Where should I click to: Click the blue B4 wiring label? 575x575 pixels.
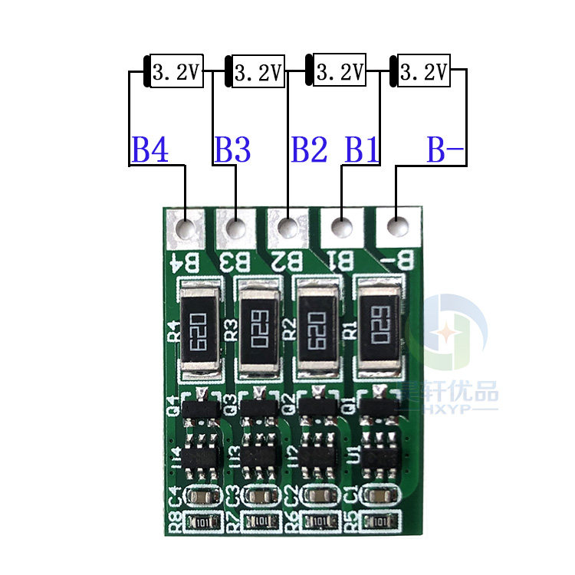point(150,150)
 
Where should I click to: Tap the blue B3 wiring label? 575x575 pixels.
point(232,150)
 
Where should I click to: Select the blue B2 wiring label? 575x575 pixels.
point(309,150)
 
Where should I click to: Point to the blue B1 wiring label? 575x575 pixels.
point(362,150)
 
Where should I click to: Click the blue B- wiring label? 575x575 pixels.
point(445,150)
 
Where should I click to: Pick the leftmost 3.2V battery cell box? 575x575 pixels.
point(176,73)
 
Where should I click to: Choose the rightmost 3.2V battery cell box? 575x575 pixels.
point(423,73)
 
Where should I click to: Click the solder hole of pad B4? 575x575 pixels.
point(185,228)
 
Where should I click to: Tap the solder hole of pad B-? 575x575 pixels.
point(396,228)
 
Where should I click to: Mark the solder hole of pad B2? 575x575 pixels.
point(288,228)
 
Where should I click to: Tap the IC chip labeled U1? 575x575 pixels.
point(380,454)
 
